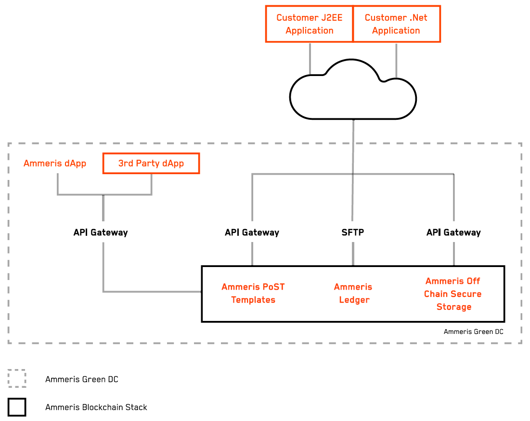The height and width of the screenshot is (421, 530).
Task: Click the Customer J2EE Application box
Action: click(309, 24)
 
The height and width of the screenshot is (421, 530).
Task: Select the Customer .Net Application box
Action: click(396, 24)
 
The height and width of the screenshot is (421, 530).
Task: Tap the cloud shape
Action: click(353, 94)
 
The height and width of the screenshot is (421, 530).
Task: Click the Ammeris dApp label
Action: click(55, 164)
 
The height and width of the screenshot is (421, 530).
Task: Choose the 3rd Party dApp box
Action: click(151, 164)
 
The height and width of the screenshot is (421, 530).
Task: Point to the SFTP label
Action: click(353, 232)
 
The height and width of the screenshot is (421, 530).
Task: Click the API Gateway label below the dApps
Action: click(101, 232)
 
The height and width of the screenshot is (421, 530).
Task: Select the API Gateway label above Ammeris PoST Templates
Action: click(252, 232)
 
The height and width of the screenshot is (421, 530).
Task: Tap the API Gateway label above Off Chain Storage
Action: click(453, 232)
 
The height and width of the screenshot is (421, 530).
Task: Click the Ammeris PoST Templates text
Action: click(253, 293)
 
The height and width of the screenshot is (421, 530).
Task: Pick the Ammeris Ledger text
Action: click(354, 293)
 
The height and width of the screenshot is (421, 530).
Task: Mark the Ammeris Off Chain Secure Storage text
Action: click(453, 294)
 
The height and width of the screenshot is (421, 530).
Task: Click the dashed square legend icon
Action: click(17, 379)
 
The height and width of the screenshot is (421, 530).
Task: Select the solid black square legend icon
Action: click(17, 407)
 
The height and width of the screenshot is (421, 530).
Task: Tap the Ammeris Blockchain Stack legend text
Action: click(96, 408)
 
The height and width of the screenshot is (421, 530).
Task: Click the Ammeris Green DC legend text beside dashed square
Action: click(82, 379)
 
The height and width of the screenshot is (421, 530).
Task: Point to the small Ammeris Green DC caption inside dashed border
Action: click(474, 332)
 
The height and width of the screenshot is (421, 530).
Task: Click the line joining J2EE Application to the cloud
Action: click(310, 58)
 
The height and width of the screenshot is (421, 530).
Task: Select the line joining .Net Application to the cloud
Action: click(396, 60)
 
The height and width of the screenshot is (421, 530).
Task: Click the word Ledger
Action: click(354, 300)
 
